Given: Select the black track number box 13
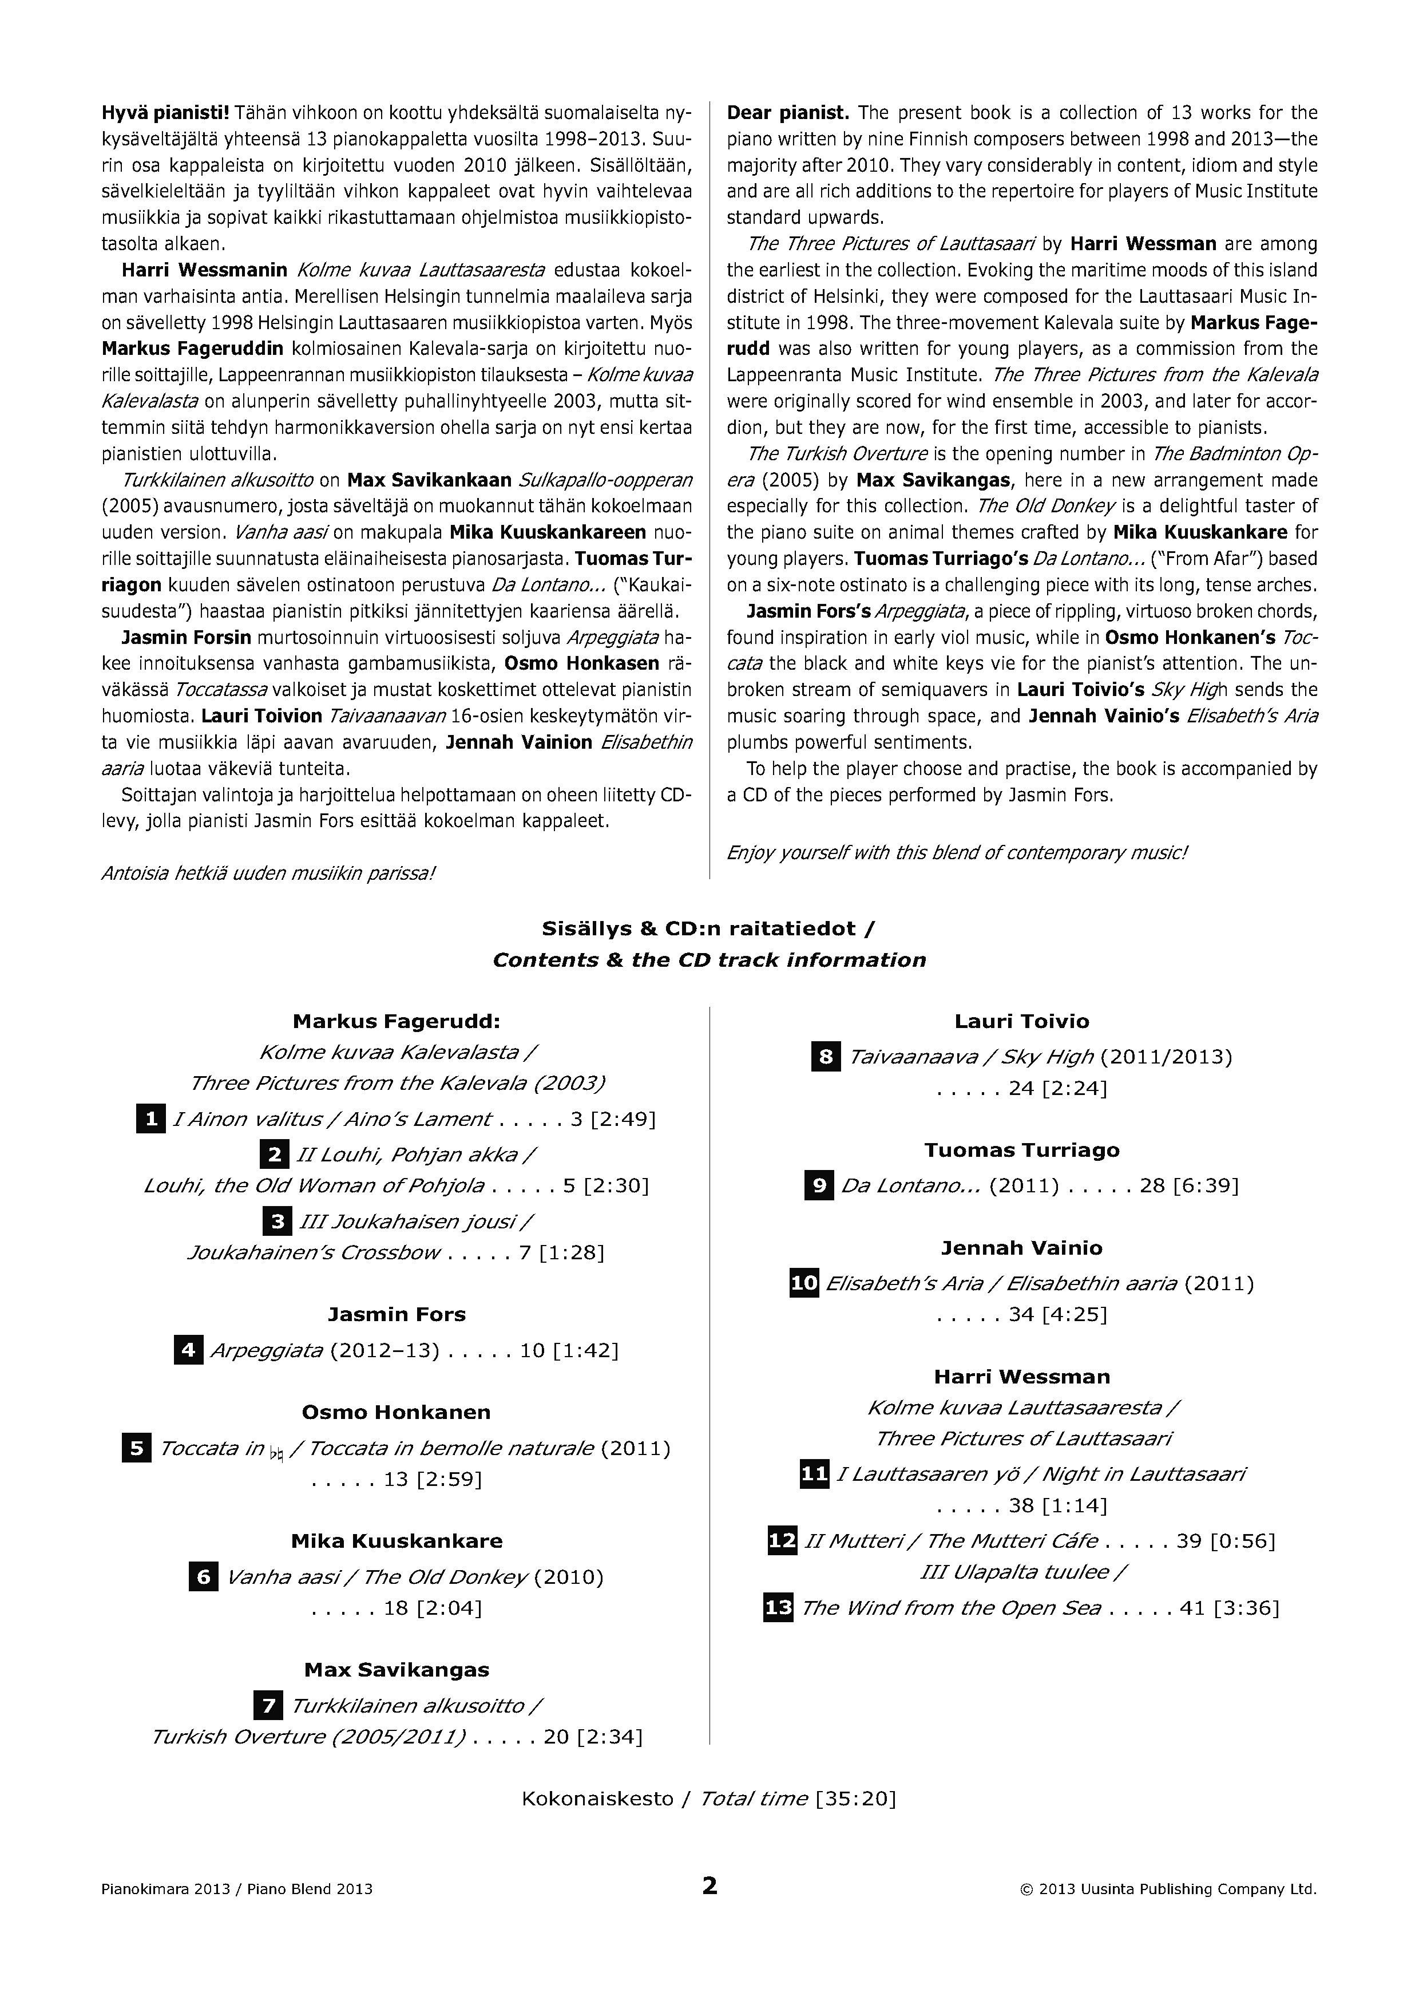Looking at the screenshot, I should [778, 1607].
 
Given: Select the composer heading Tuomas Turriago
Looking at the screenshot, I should [1021, 1149].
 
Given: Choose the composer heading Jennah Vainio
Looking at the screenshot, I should [1021, 1247].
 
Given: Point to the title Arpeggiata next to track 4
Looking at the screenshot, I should [267, 1350].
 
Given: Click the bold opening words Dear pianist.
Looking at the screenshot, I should [788, 113].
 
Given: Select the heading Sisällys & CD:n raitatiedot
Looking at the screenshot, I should [708, 928].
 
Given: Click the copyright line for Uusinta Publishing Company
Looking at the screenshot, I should [1168, 1889].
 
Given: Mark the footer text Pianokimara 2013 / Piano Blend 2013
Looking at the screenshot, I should [237, 1889].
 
